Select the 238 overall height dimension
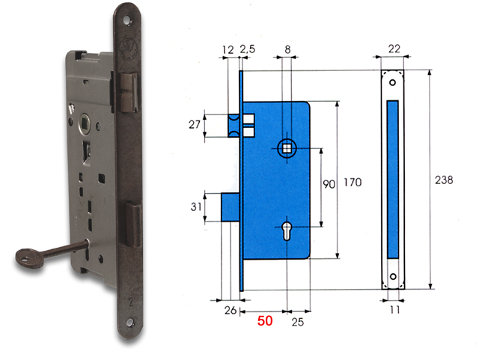(x=445, y=180)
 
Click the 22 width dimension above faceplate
(x=394, y=49)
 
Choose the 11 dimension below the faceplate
(x=394, y=307)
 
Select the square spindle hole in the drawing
(x=287, y=148)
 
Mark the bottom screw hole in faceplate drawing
(x=394, y=277)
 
